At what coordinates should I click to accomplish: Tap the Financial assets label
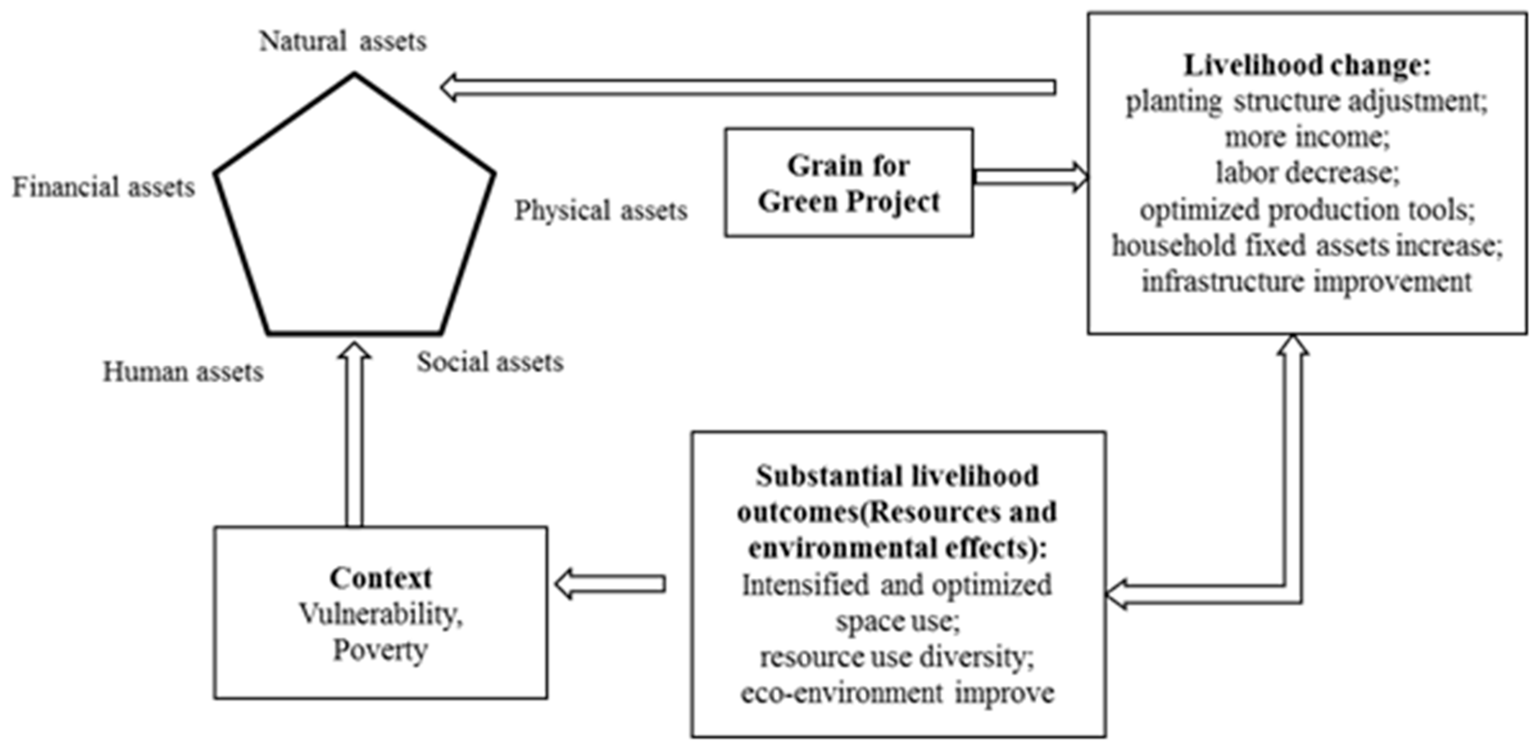[x=104, y=188]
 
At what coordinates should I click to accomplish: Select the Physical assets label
[x=601, y=210]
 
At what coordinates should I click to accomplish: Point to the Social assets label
[x=490, y=362]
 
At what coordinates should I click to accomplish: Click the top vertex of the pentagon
[x=354, y=75]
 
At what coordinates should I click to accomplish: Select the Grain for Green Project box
[x=849, y=183]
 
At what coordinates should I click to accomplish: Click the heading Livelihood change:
[x=1307, y=66]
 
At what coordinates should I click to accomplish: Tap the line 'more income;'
[x=1307, y=137]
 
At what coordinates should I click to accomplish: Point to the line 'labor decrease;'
[x=1307, y=173]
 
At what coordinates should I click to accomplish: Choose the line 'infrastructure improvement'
[x=1307, y=282]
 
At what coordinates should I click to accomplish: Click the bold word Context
[x=381, y=578]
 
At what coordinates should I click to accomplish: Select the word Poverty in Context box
[x=381, y=650]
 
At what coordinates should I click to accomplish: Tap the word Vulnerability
[x=381, y=614]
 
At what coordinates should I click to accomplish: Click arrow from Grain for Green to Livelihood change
[x=1030, y=177]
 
